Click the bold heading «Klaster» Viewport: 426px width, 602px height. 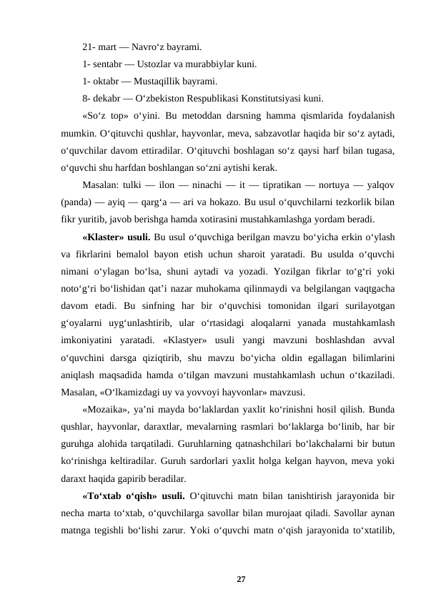[105, 236]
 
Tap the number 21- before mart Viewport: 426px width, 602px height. [89, 47]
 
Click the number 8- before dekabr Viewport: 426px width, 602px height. [86, 98]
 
